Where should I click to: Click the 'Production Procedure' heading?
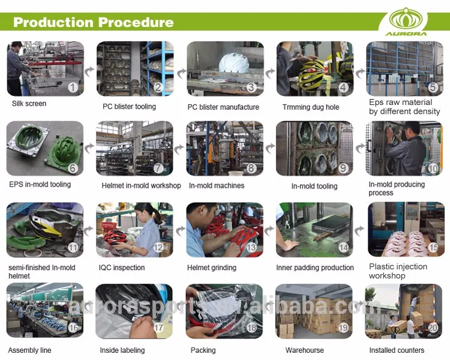coord(94,23)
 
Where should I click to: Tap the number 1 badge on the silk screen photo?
coord(73,87)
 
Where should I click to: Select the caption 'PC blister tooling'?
coord(129,107)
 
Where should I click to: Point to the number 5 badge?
coord(432,87)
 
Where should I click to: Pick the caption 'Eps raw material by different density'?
coord(404,107)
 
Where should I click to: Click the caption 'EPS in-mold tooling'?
coord(40,185)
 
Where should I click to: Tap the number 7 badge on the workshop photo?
coord(158,169)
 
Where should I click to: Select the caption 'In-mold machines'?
coord(217,186)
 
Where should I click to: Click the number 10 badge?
coord(432,169)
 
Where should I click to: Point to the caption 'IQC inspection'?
coord(122,268)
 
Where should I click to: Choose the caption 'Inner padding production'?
coord(315,268)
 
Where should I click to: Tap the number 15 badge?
coord(433,247)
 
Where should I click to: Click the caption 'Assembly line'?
coord(29,350)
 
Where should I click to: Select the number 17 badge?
coord(158,328)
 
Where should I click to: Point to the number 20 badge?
coord(432,328)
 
